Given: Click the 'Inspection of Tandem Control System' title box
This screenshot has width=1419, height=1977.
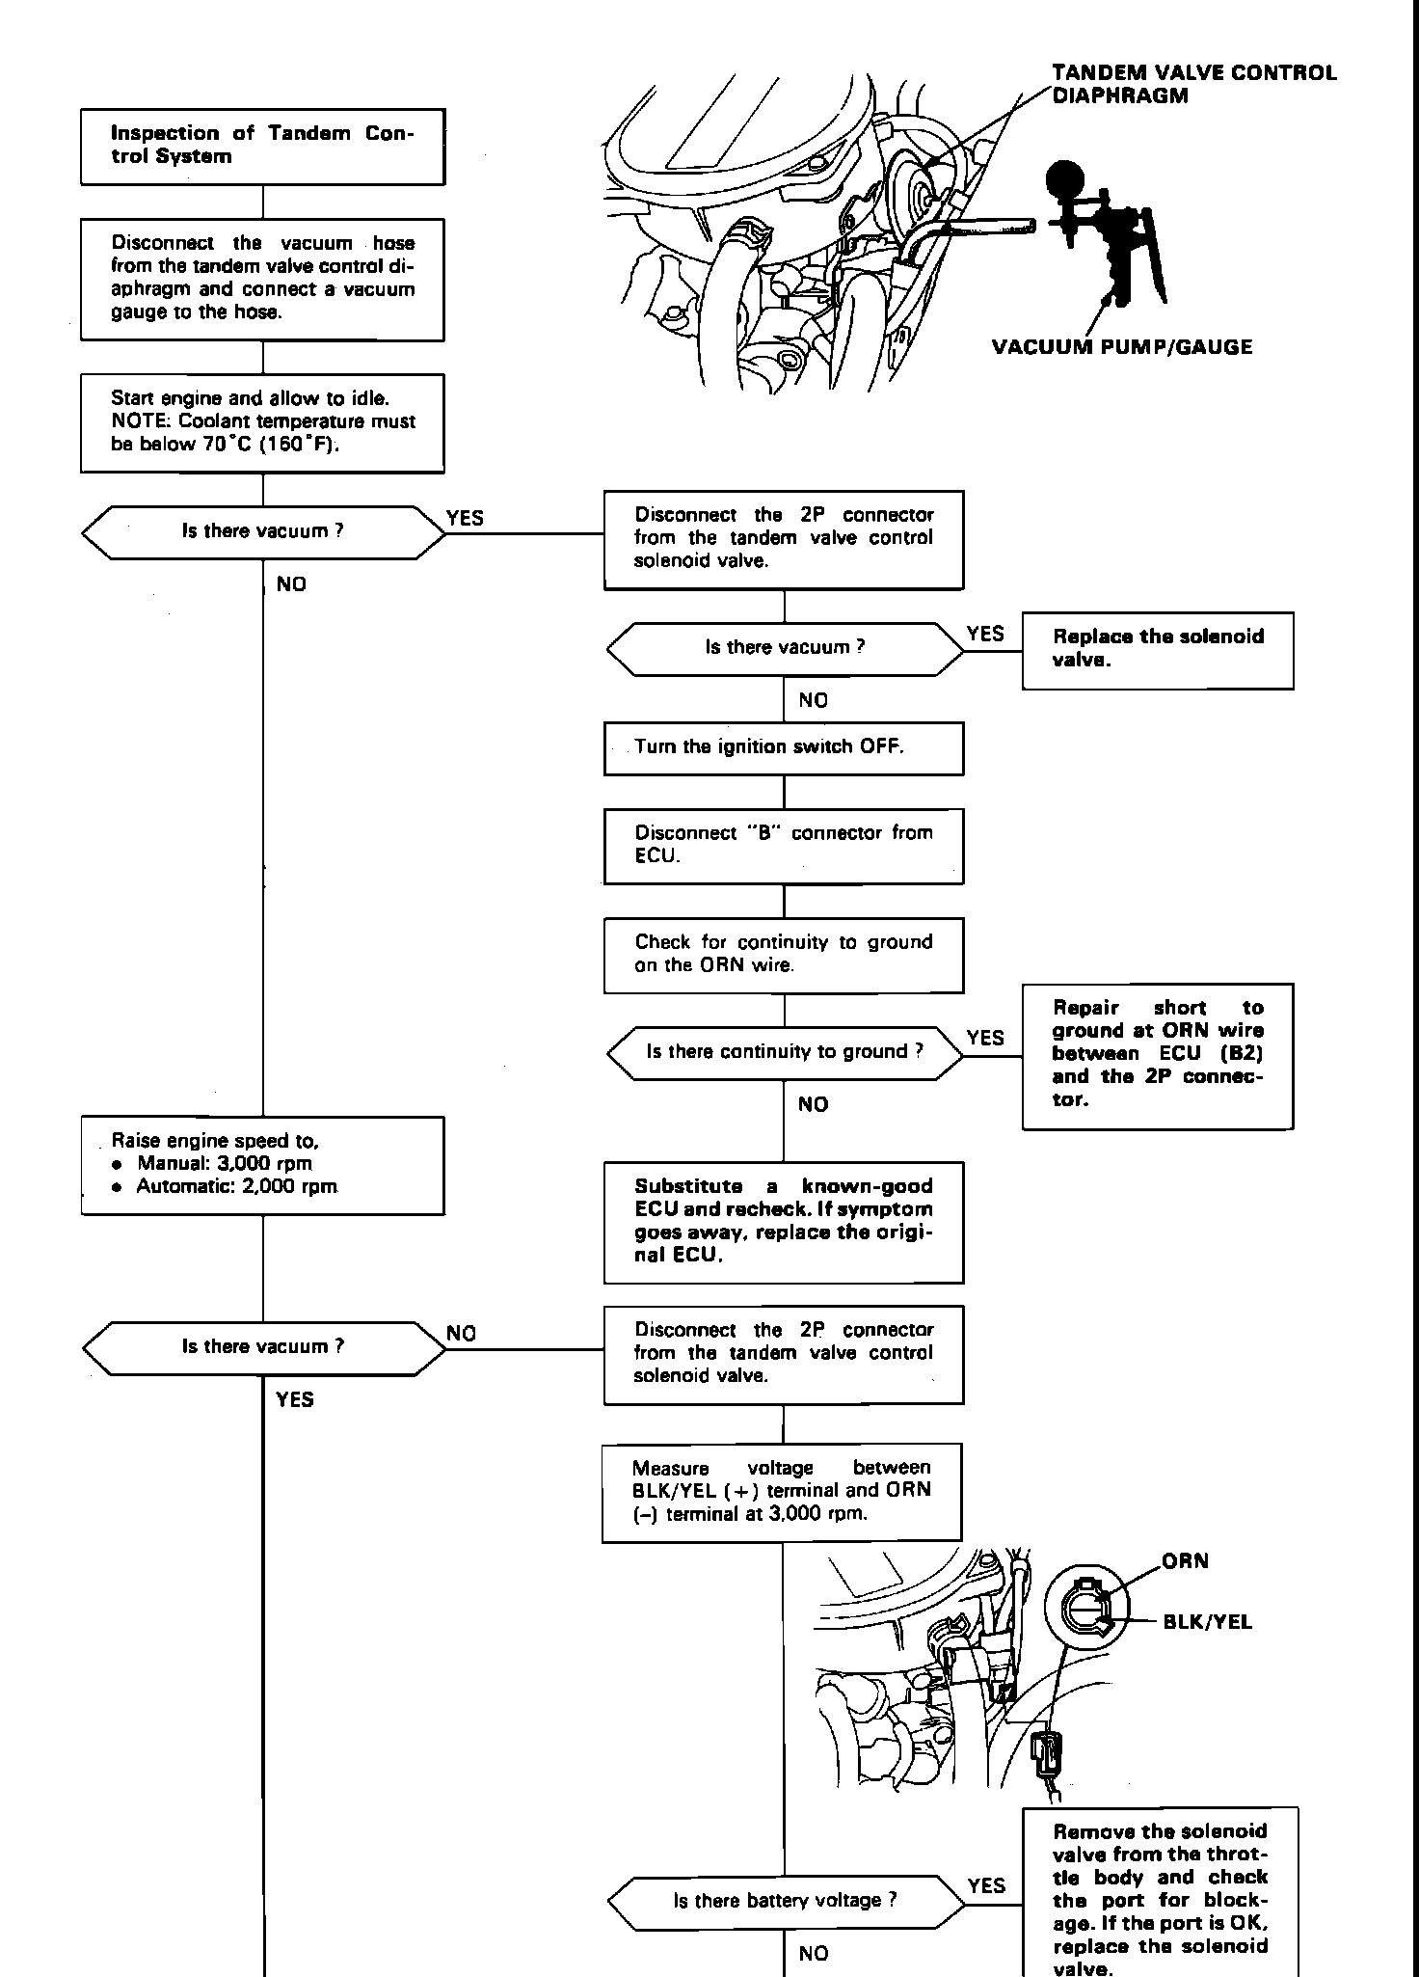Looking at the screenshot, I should (x=262, y=146).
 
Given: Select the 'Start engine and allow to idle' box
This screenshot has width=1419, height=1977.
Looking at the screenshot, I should (x=262, y=422).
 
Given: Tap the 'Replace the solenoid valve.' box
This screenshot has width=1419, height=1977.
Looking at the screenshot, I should (x=1157, y=649).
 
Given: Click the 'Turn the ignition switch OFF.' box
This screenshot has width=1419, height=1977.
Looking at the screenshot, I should (x=783, y=747).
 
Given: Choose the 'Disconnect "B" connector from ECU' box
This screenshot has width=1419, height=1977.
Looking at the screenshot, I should (x=783, y=845).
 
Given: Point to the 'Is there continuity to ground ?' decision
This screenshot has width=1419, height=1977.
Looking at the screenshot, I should (x=784, y=1052).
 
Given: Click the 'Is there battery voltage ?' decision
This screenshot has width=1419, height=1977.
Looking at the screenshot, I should (x=785, y=1901).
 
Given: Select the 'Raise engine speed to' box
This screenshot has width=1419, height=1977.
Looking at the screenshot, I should (x=262, y=1165).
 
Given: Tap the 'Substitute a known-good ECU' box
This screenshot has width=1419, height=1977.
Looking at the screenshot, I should (x=783, y=1222).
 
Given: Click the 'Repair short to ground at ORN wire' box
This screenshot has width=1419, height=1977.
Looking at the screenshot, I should (x=1157, y=1055).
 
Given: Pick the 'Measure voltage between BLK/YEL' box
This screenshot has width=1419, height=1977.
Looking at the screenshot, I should (x=782, y=1491).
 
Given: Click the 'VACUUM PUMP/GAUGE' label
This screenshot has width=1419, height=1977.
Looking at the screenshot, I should (x=1122, y=347).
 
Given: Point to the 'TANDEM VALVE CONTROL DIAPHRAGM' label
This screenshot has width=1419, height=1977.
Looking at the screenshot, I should (x=1193, y=84).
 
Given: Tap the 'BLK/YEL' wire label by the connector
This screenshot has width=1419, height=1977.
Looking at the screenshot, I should (x=1207, y=1622).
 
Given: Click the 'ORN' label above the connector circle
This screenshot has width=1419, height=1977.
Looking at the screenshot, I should (x=1185, y=1561).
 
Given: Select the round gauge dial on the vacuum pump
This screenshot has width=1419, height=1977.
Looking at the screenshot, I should (x=1065, y=179).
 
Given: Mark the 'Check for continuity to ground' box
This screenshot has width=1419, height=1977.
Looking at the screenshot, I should (x=783, y=954).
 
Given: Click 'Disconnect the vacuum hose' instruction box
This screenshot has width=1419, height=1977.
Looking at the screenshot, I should (x=262, y=278).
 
